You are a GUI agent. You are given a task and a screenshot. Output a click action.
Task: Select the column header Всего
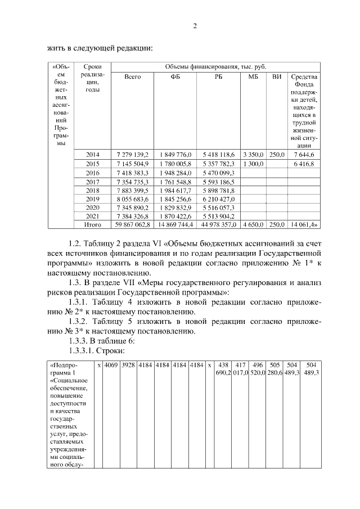(x=132, y=76)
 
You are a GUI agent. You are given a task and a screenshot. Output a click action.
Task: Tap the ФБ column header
(x=175, y=76)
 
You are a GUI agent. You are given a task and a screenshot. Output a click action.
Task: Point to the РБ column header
(x=219, y=76)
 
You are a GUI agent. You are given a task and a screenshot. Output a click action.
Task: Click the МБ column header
(x=253, y=76)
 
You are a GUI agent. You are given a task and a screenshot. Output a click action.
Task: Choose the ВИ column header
(x=276, y=76)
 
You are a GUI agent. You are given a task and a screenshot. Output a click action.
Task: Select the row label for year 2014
(x=92, y=154)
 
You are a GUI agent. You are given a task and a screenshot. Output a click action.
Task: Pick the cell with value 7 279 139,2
(x=132, y=154)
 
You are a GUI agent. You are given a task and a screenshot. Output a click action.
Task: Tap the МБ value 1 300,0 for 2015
(x=253, y=164)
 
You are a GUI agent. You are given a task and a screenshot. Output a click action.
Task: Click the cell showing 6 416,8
(x=303, y=164)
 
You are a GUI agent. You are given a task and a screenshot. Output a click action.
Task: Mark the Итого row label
(x=92, y=224)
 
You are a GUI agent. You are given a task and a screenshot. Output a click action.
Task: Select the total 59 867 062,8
(x=132, y=224)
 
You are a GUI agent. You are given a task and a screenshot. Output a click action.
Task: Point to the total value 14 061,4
(x=303, y=224)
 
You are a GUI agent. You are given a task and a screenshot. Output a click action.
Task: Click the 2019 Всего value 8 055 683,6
(x=132, y=199)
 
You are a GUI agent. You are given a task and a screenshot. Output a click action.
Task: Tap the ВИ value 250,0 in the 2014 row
(x=276, y=154)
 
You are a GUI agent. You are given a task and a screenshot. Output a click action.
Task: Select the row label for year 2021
(x=92, y=216)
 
